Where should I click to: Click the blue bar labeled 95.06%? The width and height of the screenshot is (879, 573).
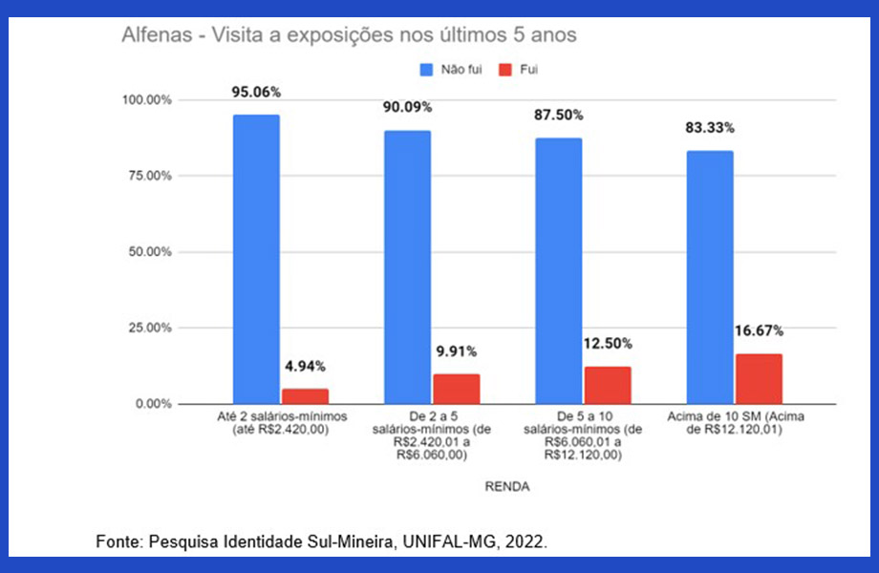[256, 259]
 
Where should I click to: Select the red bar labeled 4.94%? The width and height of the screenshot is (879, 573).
[305, 395]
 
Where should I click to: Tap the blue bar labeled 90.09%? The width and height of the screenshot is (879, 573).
[407, 266]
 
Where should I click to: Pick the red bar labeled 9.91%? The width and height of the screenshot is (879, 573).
[456, 388]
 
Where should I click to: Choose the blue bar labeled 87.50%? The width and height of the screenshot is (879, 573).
[558, 270]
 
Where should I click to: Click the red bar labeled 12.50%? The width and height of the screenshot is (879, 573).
[607, 384]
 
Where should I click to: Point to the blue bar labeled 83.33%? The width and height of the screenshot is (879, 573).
[710, 277]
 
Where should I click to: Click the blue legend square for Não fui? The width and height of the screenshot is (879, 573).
[426, 70]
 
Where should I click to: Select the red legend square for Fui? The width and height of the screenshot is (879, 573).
[504, 70]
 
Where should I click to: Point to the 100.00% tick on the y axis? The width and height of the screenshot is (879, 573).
[146, 100]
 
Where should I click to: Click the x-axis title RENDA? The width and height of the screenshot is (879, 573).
[507, 486]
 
